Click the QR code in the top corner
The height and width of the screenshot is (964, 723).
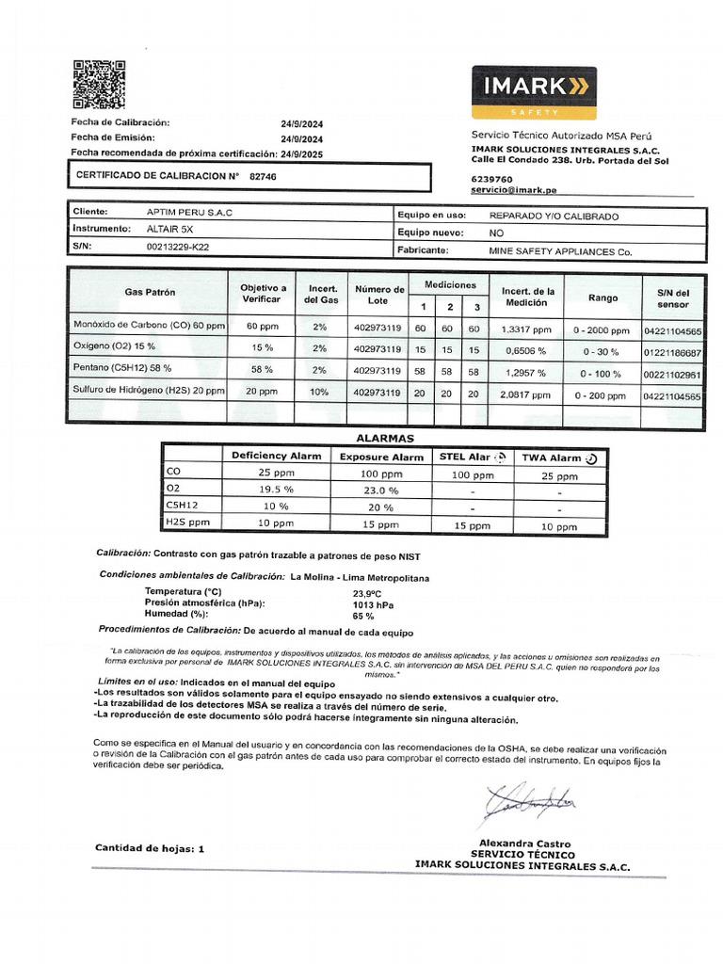99,86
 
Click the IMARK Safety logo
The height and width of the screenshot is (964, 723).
534,91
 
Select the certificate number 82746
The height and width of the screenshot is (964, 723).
264,176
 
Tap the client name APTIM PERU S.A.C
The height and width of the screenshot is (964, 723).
189,213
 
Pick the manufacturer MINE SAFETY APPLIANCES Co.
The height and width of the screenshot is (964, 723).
560,251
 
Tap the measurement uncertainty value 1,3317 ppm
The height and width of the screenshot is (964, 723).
526,329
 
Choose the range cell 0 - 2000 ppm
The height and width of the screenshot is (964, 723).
601,330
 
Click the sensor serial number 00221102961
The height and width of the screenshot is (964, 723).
672,374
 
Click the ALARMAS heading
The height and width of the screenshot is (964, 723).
384,439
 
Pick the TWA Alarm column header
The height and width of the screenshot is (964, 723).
559,458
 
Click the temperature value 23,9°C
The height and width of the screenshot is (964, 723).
366,593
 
